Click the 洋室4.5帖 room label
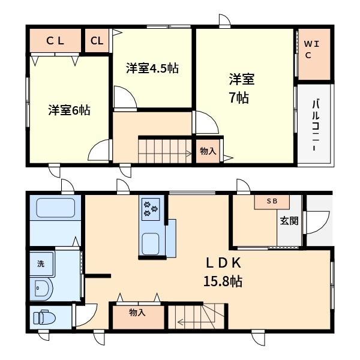coord(152,68)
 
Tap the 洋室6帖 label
coord(69,110)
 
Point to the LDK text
coord(224,263)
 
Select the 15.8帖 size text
coord(223,281)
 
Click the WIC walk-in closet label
coord(311,50)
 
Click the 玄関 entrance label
coord(289,221)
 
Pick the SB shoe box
coord(272,202)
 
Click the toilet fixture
coord(44,317)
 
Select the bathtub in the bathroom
coord(56,208)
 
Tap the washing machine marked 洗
coord(42,264)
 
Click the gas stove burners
coord(151,209)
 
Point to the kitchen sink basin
coord(151,244)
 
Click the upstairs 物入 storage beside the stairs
coord(208,151)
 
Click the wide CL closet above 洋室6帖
coord(55,41)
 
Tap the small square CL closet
coord(97,41)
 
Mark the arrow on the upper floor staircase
coord(165,154)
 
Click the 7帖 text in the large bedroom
coord(239,98)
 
